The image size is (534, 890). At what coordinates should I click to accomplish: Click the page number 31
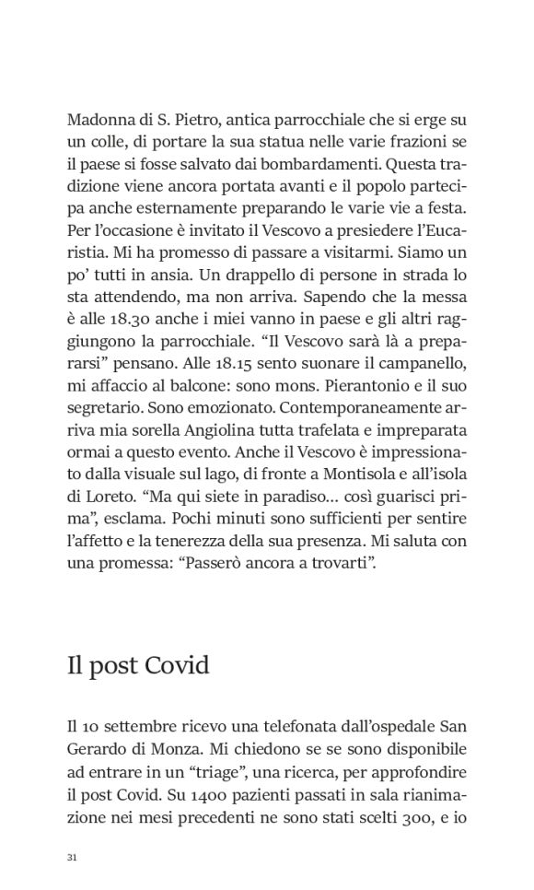coord(72,858)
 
